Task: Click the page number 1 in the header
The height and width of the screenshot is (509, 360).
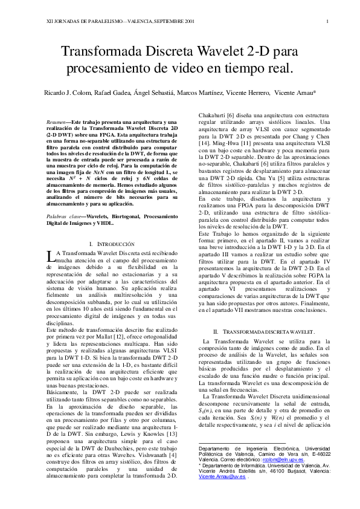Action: point(326,22)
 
